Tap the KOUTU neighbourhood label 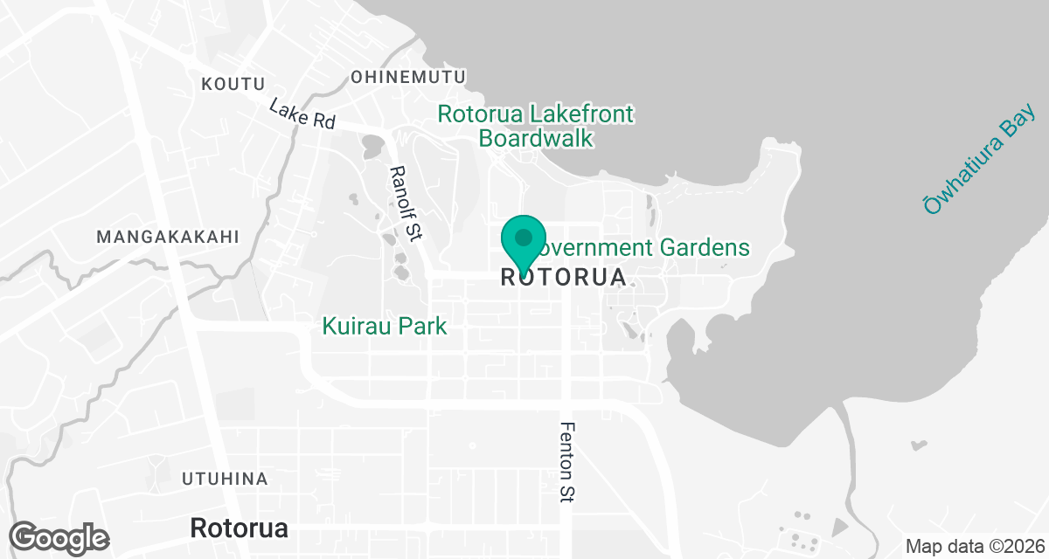coord(233,84)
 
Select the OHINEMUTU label coord(408,78)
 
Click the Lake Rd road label coord(302,114)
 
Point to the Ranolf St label coord(406,203)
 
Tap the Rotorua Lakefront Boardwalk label coord(536,127)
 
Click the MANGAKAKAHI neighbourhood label coord(168,237)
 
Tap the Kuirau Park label coord(385,327)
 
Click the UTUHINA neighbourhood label coord(225,479)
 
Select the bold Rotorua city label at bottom coord(239,528)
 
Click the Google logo coord(60,535)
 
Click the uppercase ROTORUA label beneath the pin coord(564,278)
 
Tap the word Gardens coord(710,248)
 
